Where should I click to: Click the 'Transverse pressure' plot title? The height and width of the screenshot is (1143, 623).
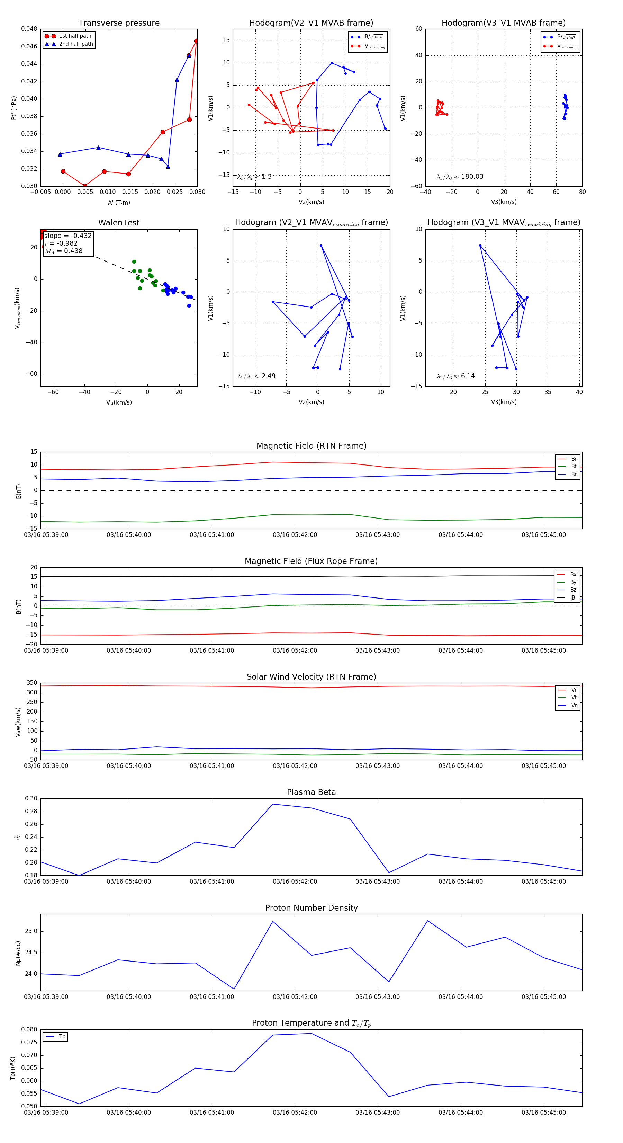119,23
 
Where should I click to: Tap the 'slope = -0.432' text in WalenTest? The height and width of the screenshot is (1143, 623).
68,236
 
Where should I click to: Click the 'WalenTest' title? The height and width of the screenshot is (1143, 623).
119,223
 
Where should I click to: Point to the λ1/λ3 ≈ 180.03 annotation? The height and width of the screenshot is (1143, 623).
460,177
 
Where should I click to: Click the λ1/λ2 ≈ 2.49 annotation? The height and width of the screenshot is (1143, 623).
256,376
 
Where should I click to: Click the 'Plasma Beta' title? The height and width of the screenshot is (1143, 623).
311,792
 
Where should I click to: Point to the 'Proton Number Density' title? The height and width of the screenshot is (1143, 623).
311,908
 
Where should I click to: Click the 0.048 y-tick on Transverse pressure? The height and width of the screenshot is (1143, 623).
29,29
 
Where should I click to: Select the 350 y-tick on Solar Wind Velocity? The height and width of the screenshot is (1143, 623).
32,683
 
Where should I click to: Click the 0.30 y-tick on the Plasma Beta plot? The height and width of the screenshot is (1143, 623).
31,799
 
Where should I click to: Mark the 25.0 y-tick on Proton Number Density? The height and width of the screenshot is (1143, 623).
31,931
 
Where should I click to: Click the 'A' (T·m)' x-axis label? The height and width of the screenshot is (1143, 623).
119,202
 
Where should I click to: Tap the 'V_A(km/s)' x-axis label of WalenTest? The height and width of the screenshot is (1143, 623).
119,402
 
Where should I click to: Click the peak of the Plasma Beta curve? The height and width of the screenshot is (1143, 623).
273,804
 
